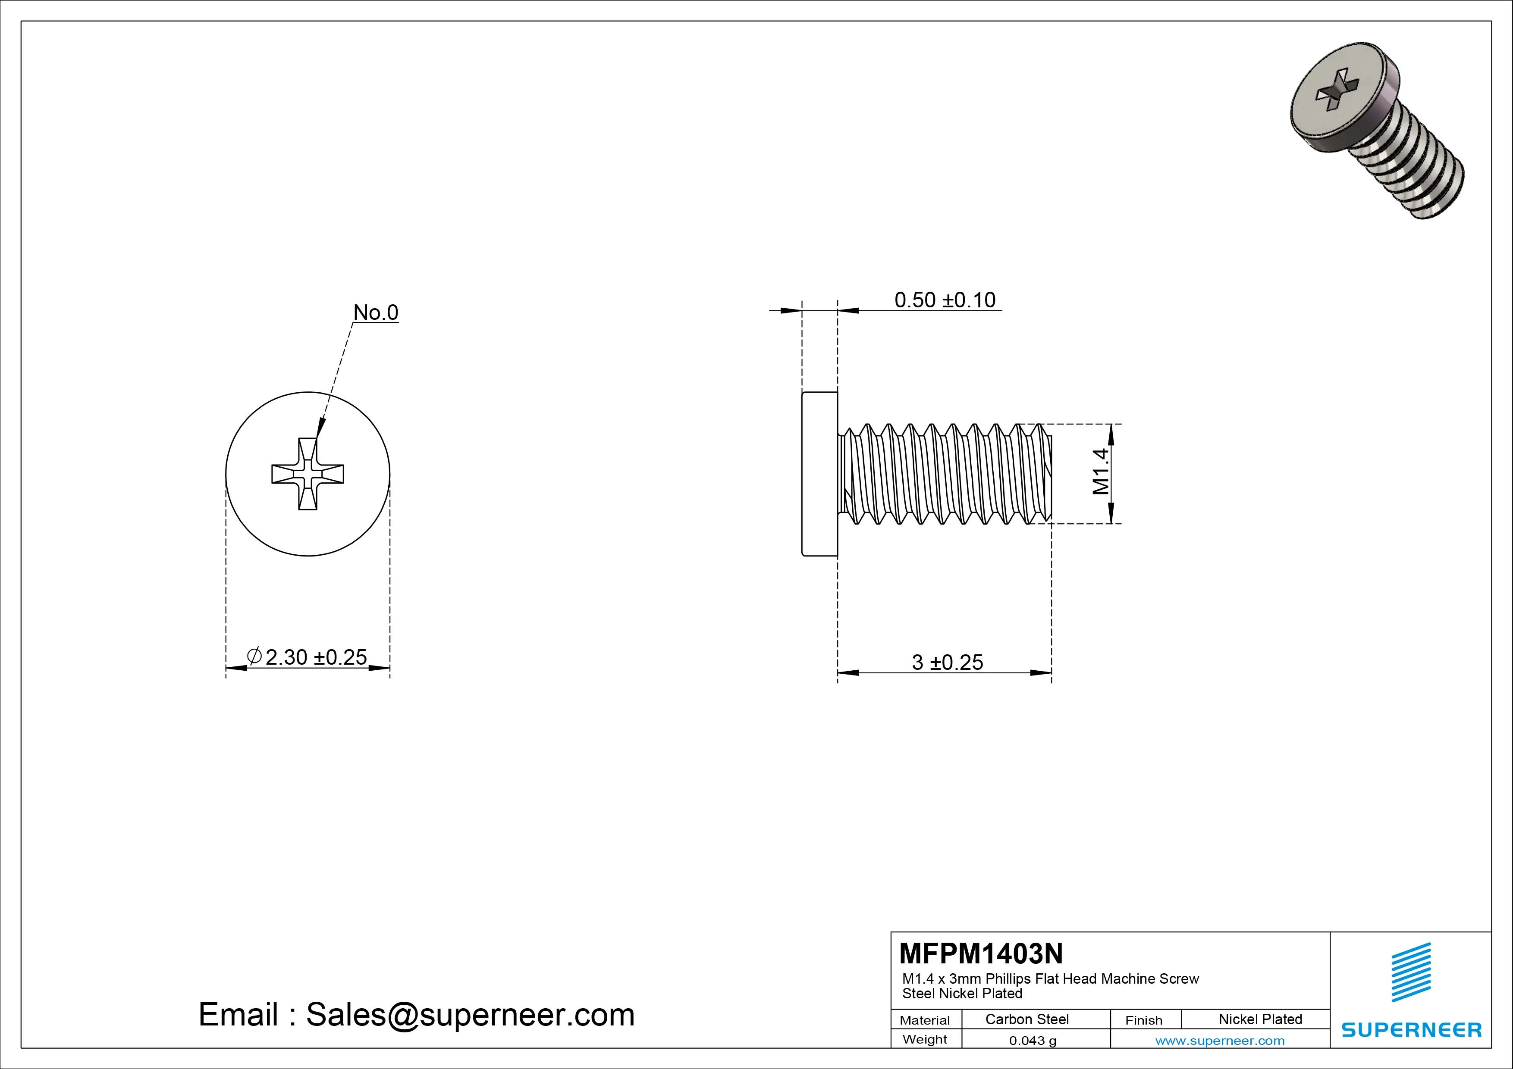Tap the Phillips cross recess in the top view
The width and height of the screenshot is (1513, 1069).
pos(308,474)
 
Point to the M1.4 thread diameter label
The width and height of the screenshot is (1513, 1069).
pos(1101,471)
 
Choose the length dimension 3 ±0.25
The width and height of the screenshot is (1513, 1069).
pos(947,662)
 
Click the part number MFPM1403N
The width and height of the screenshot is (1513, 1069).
pos(980,953)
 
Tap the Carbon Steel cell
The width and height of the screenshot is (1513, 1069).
pos(1026,1019)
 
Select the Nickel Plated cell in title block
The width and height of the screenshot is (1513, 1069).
pos(1260,1019)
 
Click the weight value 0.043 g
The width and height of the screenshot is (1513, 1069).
pos(1033,1041)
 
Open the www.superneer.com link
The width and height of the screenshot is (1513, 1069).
pos(1220,1041)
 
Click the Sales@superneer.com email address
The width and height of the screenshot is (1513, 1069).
pos(470,1014)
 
